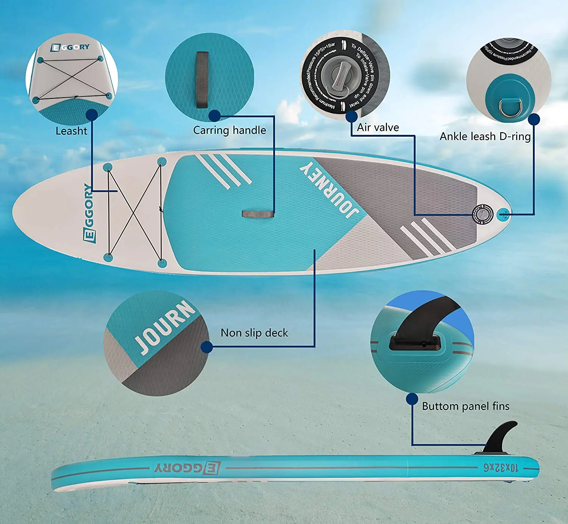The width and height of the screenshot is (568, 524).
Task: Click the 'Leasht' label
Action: pos(71,131)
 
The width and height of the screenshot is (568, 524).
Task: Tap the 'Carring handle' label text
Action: pos(229,130)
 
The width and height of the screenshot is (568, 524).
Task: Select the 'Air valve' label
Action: pos(378,128)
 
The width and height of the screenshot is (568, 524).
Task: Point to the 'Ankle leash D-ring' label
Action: pos(485,136)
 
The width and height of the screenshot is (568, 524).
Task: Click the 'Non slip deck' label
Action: pos(254,333)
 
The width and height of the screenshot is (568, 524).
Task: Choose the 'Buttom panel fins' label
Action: pos(465,406)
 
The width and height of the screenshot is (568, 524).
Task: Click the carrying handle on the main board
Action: pos(258,214)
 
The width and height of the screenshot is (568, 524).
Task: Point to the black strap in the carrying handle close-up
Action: pos(202,80)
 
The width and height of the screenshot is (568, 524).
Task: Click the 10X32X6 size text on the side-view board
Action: pos(500,468)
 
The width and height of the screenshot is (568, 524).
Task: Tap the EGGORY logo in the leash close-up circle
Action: pos(70,47)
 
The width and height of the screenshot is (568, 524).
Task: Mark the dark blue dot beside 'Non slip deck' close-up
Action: pos(206,347)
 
